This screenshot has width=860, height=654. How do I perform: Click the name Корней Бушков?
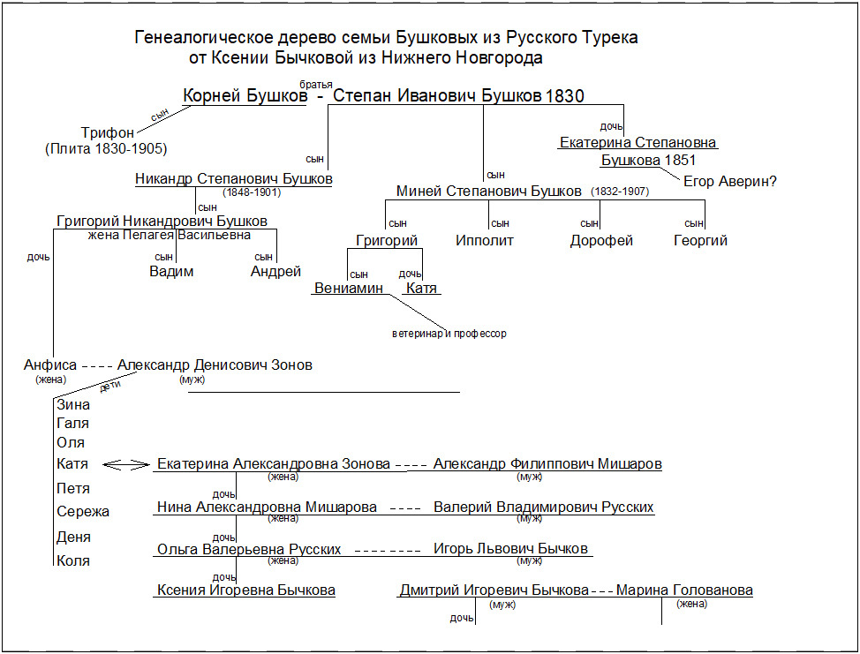click(x=245, y=96)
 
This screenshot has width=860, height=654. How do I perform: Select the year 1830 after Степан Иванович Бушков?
click(x=565, y=96)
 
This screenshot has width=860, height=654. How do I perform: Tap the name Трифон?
click(x=107, y=132)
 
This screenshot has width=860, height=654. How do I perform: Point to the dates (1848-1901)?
click(x=252, y=192)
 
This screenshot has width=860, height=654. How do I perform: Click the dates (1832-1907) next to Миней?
click(x=620, y=192)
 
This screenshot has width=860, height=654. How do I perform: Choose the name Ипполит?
click(x=485, y=241)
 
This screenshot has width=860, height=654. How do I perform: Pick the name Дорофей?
click(x=601, y=241)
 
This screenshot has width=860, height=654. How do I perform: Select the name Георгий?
click(x=700, y=241)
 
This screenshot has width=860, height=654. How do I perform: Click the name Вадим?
click(x=171, y=272)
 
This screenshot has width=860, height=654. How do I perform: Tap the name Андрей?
click(x=276, y=272)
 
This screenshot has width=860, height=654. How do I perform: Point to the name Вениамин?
click(x=349, y=289)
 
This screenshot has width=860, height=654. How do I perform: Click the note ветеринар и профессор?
click(x=449, y=334)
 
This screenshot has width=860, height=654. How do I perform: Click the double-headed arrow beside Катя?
click(x=126, y=465)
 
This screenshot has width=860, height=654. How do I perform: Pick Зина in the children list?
click(x=72, y=405)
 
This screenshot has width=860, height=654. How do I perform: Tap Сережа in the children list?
click(x=82, y=512)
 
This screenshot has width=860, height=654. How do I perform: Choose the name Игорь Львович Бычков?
click(x=510, y=549)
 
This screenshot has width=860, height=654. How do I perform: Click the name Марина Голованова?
click(x=684, y=590)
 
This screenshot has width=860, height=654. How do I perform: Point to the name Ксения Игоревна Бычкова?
click(x=246, y=590)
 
